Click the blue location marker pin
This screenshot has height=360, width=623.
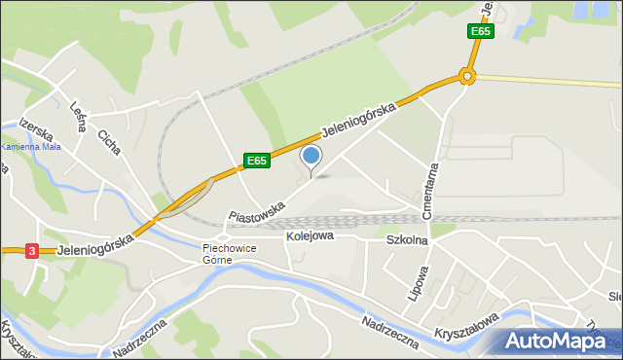311,156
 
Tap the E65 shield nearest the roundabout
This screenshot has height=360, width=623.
480,31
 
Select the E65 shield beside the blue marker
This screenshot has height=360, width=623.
256,161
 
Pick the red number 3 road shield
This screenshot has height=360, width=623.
32,250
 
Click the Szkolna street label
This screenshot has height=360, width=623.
407,239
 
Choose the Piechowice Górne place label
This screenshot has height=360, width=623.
229,253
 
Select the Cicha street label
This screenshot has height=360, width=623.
108,143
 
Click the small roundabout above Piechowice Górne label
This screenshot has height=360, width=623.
222,235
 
